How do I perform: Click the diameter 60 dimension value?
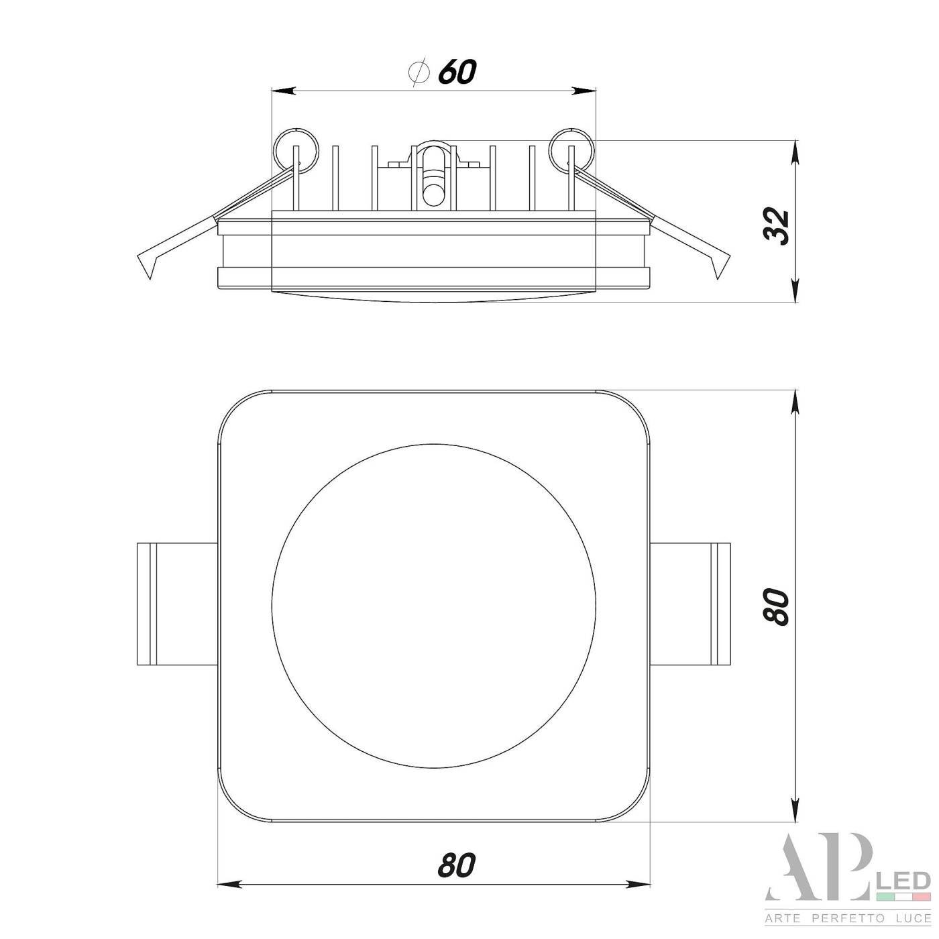click(457, 72)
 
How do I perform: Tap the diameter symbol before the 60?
click(418, 72)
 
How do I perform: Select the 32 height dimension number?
click(776, 226)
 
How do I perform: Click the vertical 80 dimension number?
click(776, 607)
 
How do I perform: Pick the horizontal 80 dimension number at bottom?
click(456, 865)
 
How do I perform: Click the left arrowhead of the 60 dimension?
click(284, 91)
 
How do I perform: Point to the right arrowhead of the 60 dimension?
click(584, 91)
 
